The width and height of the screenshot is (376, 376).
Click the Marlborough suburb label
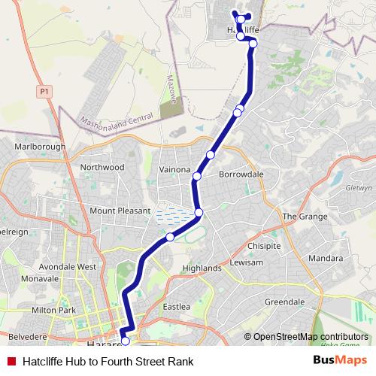40,147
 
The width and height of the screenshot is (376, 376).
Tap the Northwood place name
102,168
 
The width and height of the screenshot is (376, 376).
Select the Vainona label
174,170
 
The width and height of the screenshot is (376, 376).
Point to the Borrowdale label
241,174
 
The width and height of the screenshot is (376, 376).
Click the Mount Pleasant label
120,211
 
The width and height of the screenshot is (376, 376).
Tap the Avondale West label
69,266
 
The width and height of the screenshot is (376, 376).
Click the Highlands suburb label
202,268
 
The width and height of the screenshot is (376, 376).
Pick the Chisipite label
264,245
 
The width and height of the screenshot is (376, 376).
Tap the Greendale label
284,302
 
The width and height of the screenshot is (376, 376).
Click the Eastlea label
177,306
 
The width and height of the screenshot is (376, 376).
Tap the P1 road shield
44,90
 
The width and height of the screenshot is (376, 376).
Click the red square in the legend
12,361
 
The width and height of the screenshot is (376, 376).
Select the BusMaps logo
340,361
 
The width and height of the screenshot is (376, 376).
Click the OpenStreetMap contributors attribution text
311,337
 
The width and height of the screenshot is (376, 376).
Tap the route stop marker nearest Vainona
197,176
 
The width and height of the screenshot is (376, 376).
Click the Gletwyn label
359,191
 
